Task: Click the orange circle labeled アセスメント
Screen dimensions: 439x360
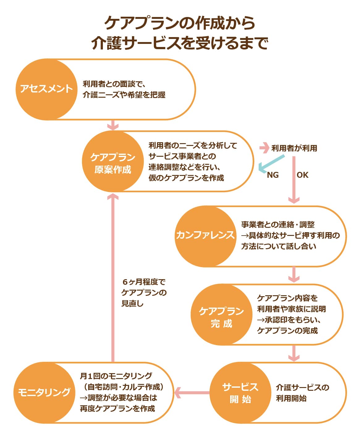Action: (x=46, y=89)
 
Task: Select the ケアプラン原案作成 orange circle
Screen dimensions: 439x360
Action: (x=112, y=162)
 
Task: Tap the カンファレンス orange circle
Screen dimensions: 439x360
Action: (x=205, y=236)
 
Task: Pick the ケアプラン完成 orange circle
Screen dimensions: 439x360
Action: (x=221, y=315)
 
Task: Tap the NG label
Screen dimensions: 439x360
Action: (x=273, y=175)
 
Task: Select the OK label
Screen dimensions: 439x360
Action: (x=303, y=175)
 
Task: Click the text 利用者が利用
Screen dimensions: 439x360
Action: (x=294, y=148)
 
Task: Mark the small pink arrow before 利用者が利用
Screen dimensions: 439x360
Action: (x=264, y=148)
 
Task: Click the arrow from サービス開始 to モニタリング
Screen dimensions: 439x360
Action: (x=192, y=393)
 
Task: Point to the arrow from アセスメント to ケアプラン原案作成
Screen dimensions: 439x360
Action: (x=113, y=125)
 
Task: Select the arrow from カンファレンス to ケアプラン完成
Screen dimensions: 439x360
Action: (x=294, y=274)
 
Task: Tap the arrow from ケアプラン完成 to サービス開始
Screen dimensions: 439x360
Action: (x=294, y=353)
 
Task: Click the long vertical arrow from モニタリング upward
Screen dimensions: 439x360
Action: (x=113, y=278)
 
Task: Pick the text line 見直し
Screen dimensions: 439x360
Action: (x=132, y=304)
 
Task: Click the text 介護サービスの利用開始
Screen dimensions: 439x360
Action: (x=302, y=393)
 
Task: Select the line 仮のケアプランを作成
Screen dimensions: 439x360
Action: (x=186, y=178)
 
